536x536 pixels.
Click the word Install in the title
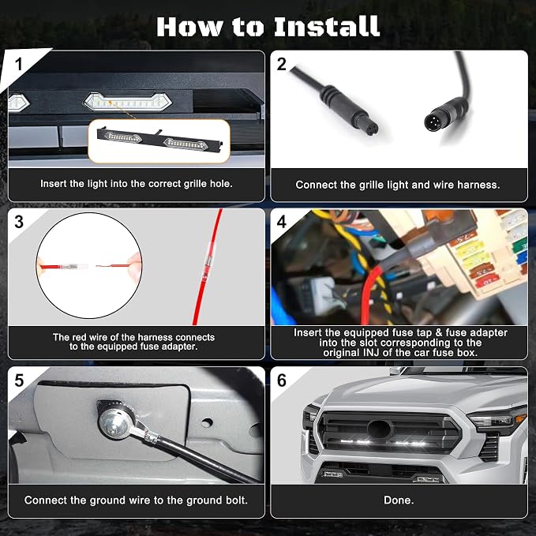click(327, 26)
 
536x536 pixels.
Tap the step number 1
click(19, 64)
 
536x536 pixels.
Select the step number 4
click(281, 222)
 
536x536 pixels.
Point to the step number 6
click(281, 380)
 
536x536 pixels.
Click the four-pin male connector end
click(435, 122)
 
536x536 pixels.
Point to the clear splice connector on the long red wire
click(207, 262)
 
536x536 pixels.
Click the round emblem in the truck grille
click(378, 429)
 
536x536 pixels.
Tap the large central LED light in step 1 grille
click(128, 102)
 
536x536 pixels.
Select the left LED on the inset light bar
click(122, 137)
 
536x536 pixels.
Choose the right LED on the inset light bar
click(186, 144)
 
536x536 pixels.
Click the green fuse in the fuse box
click(520, 245)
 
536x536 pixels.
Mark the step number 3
click(19, 222)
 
